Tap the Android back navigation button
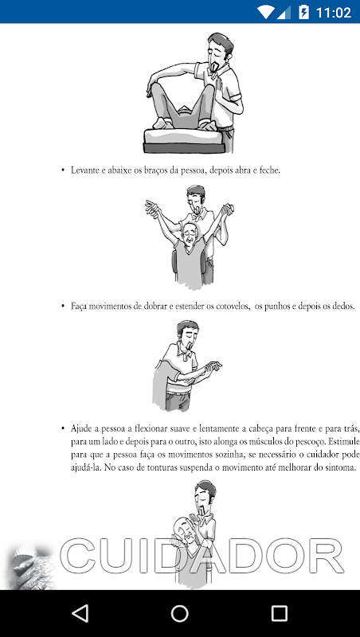(x=80, y=613)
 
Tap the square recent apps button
(x=279, y=613)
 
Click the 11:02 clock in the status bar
(x=334, y=13)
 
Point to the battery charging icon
(x=303, y=12)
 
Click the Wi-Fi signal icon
(x=266, y=12)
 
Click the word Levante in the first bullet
(x=84, y=170)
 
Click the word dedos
(x=343, y=306)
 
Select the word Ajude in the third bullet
(x=81, y=429)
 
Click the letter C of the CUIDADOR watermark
(x=79, y=555)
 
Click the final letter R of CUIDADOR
(x=325, y=555)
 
